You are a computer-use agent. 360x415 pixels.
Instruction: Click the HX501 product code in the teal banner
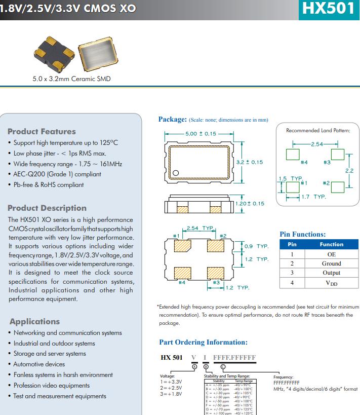click(328, 9)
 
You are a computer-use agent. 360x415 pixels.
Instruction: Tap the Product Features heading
click(42, 131)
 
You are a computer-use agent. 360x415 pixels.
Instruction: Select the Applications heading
click(34, 321)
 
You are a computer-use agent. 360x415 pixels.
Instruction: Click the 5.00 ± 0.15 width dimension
click(201, 134)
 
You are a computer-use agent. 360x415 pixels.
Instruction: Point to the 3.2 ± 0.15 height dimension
click(250, 162)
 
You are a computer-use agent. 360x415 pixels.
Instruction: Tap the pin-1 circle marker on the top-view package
click(176, 173)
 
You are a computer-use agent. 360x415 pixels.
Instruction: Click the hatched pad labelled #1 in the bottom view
click(183, 246)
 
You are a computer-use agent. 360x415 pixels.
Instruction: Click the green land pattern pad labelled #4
click(292, 155)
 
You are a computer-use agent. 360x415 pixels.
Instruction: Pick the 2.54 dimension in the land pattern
click(317, 144)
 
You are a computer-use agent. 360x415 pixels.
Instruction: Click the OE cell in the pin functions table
click(332, 254)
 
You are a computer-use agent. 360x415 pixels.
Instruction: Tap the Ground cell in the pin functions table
click(332, 263)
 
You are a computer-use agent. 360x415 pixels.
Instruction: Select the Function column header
click(332, 244)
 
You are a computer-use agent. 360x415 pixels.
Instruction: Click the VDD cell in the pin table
click(332, 283)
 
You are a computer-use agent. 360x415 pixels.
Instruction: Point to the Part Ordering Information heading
click(203, 342)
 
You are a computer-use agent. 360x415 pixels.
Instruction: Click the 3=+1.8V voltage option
click(170, 394)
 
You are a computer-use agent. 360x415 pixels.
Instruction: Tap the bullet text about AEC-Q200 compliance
click(57, 174)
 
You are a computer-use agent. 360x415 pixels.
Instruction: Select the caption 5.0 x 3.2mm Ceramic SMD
click(71, 79)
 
